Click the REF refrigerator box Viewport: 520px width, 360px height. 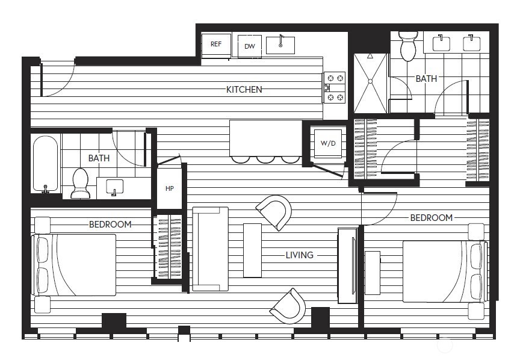tap(216, 44)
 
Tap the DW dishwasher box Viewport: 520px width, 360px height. tap(249, 46)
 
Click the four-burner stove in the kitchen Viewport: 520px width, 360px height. tap(335, 87)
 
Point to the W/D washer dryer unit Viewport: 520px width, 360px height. tap(327, 143)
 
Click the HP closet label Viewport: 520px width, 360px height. tap(169, 188)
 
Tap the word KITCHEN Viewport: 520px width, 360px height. tap(244, 90)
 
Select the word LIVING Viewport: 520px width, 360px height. tap(299, 255)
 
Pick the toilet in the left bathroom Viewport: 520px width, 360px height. tap(80, 183)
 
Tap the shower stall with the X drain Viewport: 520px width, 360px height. tap(370, 83)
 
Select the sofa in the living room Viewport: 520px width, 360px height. tap(210, 249)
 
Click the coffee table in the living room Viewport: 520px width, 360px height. tap(252, 250)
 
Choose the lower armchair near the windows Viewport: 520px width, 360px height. tap(288, 306)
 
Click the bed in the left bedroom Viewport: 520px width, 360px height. tap(75, 265)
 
